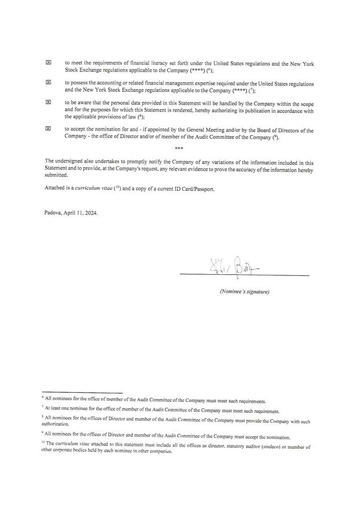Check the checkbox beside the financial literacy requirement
(49, 62)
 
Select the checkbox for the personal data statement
(49, 101)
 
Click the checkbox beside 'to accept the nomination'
(49, 129)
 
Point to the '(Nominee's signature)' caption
(244, 292)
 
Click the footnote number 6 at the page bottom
(43, 399)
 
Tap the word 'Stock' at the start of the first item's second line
(72, 69)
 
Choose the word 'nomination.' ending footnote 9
(277, 437)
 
